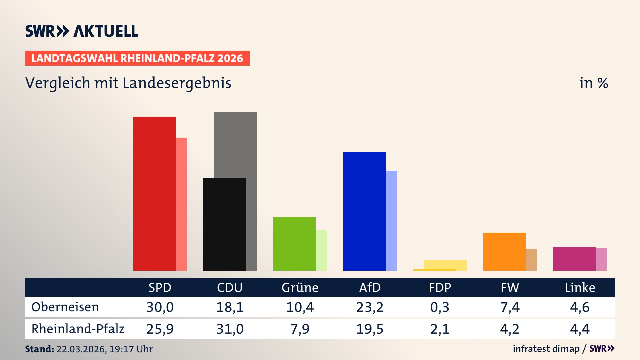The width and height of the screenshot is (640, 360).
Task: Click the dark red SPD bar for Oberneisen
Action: [x=154, y=193]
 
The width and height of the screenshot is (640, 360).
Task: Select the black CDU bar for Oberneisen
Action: [x=224, y=224]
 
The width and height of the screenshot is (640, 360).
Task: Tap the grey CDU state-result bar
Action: [x=235, y=143]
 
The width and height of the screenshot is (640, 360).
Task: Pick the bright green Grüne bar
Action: [x=294, y=244]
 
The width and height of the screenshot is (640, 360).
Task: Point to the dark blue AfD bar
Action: [x=364, y=211]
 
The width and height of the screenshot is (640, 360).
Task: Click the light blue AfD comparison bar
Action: [x=391, y=220]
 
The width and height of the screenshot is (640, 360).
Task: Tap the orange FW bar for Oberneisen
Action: [x=504, y=251]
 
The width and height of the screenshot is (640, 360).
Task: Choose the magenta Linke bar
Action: [x=574, y=259]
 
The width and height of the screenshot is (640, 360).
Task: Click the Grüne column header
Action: [x=300, y=287]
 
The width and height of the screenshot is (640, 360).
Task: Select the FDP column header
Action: [x=440, y=287]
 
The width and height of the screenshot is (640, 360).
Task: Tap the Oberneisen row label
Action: [x=65, y=307]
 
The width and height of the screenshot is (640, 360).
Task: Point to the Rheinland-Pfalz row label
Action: [x=78, y=329]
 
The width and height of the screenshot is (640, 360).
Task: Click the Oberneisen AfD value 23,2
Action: [x=370, y=307]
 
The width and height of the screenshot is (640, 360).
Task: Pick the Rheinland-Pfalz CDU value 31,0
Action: [x=230, y=329]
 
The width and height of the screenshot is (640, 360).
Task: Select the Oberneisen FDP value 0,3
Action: [x=440, y=307]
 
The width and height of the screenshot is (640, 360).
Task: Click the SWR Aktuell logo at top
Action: [x=82, y=31]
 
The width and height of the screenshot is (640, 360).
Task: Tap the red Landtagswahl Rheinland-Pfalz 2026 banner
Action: [x=137, y=58]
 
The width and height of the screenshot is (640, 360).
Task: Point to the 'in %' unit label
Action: [x=593, y=83]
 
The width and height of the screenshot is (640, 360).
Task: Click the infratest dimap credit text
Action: [x=546, y=349]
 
